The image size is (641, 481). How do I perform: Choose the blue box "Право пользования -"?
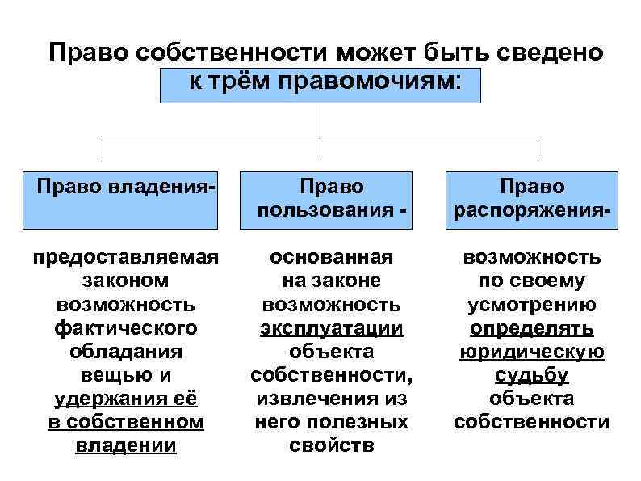(x=331, y=199)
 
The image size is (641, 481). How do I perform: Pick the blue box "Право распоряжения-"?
(x=532, y=199)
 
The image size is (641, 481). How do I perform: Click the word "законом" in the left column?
(x=126, y=281)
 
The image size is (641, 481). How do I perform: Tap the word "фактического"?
(x=126, y=328)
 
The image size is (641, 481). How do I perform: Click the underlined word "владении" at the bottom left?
(x=126, y=445)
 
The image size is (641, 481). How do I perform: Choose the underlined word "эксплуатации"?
(x=331, y=328)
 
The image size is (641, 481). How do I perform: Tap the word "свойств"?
(x=331, y=445)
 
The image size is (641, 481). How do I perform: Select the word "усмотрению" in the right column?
(x=532, y=304)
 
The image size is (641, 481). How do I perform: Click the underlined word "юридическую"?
(x=532, y=352)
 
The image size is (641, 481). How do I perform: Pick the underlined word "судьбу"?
(x=532, y=375)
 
